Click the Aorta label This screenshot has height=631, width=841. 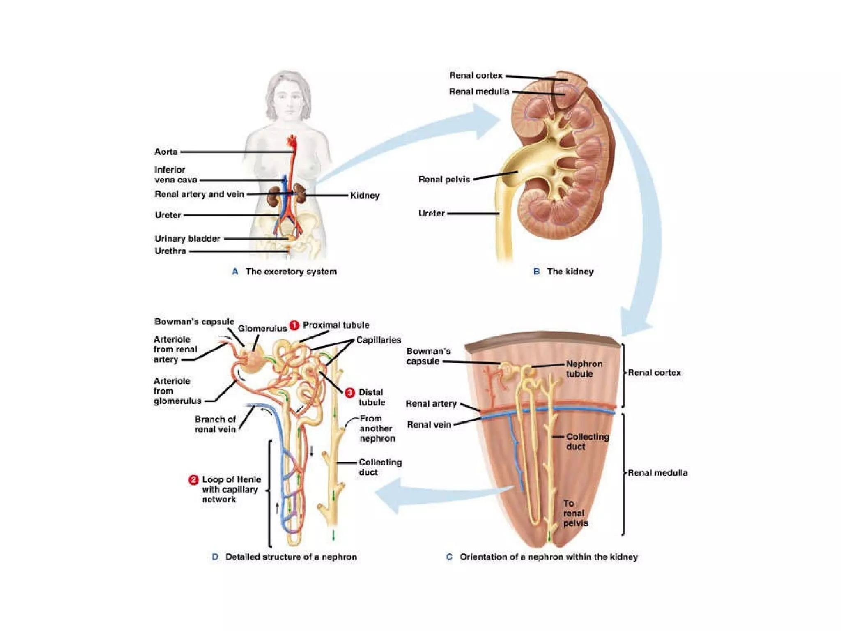tap(166, 152)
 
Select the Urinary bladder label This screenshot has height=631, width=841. tap(187, 239)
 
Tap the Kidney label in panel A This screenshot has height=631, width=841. tap(365, 196)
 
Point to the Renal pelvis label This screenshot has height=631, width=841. tap(444, 180)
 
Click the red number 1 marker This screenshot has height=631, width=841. tap(294, 325)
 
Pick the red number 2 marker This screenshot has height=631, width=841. tap(193, 480)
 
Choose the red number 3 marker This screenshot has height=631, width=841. tap(349, 393)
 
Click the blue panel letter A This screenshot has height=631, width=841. tap(235, 272)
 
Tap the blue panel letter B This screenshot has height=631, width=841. tap(536, 272)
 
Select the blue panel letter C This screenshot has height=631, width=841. tap(449, 557)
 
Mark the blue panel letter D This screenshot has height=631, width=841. tap(215, 557)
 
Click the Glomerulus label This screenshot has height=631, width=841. tap(262, 329)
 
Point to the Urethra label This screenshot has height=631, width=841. tap(170, 251)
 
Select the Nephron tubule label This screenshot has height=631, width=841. tap(584, 369)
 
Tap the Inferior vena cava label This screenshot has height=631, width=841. tap(175, 175)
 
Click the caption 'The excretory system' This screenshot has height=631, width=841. tap(291, 272)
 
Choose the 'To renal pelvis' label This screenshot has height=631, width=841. tap(575, 513)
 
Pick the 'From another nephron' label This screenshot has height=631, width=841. tap(377, 428)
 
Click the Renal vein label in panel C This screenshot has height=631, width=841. tap(429, 425)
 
